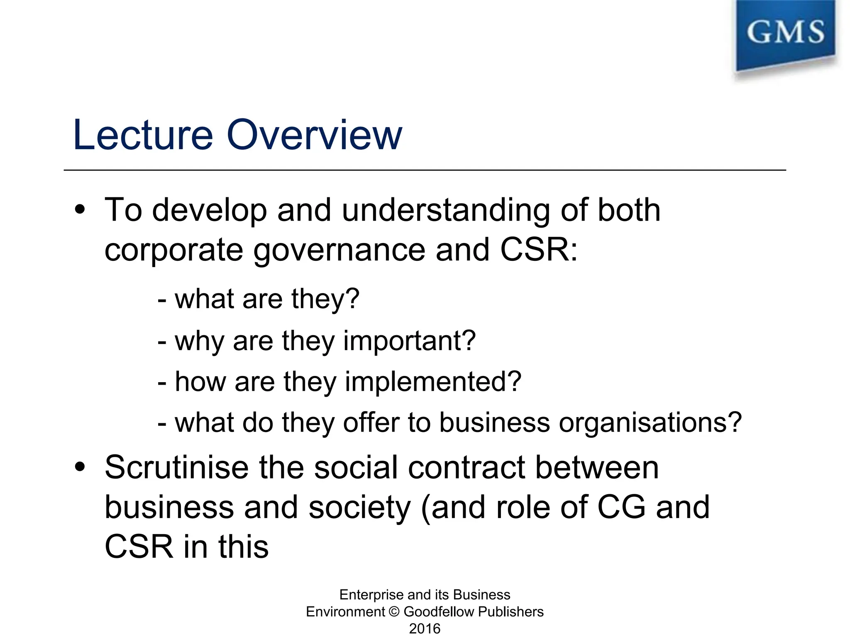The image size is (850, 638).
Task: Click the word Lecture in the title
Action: click(x=143, y=135)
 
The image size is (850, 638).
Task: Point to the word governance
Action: click(x=339, y=250)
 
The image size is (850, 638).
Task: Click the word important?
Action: click(x=409, y=341)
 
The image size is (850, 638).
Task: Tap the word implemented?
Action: click(x=433, y=382)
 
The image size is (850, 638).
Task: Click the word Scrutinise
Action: click(x=176, y=467)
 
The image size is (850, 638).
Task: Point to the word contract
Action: click(x=467, y=467)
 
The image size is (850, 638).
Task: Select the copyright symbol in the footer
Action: click(x=394, y=612)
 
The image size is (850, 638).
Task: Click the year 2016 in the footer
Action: click(x=425, y=628)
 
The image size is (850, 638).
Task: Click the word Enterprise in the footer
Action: click(x=365, y=595)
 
